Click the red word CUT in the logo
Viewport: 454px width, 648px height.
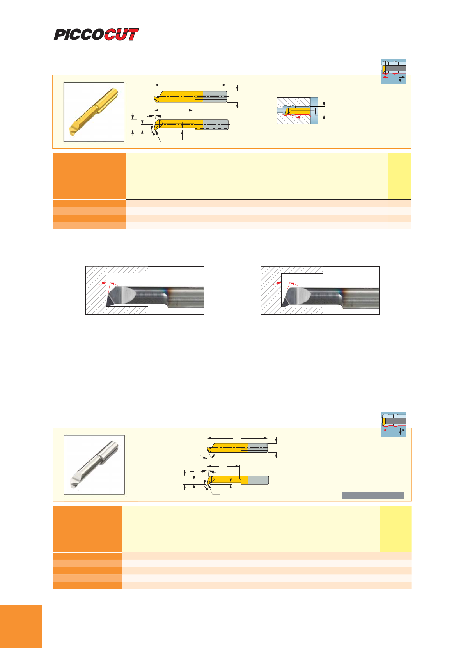(x=121, y=34)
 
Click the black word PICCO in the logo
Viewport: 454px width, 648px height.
(x=79, y=34)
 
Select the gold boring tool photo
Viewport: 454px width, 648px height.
(x=94, y=112)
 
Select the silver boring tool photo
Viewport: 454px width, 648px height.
(x=94, y=465)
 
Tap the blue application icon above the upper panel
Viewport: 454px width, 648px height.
(x=393, y=71)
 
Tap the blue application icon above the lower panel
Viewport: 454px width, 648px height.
(x=394, y=424)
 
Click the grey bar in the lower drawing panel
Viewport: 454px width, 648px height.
(x=372, y=495)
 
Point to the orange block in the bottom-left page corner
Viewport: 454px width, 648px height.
(x=21, y=626)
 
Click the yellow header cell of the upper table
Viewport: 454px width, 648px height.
(x=400, y=176)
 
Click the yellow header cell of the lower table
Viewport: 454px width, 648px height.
(x=395, y=529)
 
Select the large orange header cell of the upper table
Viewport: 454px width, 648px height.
(x=89, y=176)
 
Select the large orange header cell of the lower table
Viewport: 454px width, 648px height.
(x=88, y=529)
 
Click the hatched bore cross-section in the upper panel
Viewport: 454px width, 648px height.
(x=297, y=110)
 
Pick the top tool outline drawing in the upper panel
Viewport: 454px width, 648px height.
(x=191, y=97)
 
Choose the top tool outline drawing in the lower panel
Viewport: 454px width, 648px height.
(x=238, y=448)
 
